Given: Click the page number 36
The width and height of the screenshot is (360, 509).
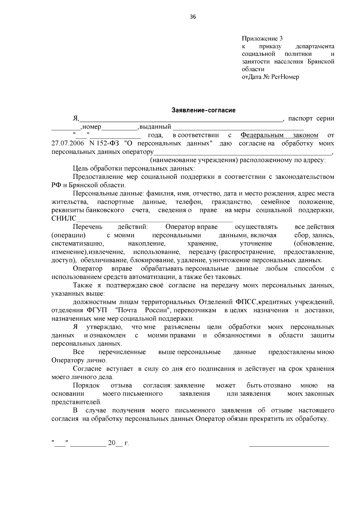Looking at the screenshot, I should (x=193, y=17).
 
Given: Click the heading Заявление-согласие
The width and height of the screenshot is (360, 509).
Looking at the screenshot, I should (x=203, y=110).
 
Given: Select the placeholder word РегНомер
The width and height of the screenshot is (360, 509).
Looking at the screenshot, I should (x=285, y=77).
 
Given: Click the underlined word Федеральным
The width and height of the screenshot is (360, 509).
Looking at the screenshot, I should (x=262, y=135).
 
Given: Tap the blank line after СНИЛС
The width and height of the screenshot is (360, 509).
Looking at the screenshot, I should (x=154, y=219).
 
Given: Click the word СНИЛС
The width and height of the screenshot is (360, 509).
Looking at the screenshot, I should (x=64, y=218).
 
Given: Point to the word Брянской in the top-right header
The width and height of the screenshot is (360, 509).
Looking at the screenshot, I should (x=321, y=62).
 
